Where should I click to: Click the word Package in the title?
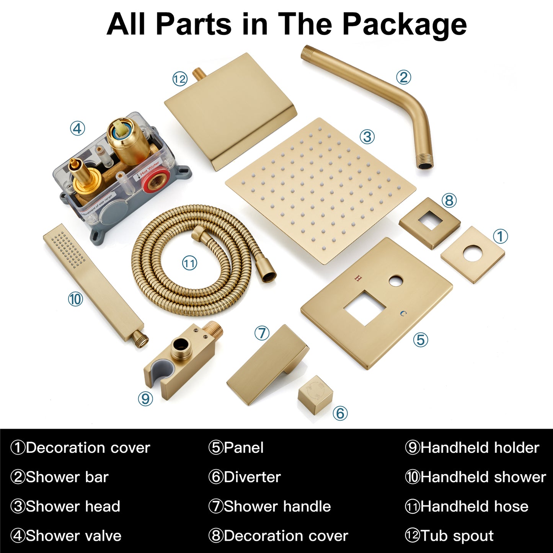click(x=405, y=25)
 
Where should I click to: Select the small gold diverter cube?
click(x=316, y=392)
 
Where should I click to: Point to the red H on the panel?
click(x=357, y=278)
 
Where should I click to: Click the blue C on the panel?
click(x=404, y=314)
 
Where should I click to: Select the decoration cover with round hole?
click(x=473, y=254)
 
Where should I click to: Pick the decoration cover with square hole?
click(x=430, y=223)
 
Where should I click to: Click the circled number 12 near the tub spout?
click(x=180, y=78)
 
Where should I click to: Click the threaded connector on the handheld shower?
click(x=141, y=339)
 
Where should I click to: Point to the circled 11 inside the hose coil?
click(x=190, y=263)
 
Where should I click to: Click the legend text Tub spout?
click(x=457, y=535)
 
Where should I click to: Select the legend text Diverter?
click(x=252, y=477)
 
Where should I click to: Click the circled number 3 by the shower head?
click(x=367, y=137)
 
